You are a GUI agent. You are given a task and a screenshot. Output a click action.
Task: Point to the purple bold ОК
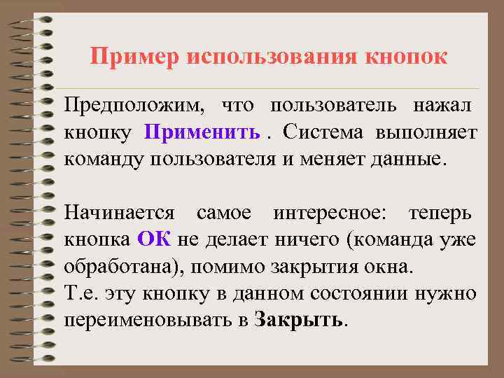(x=155, y=239)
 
